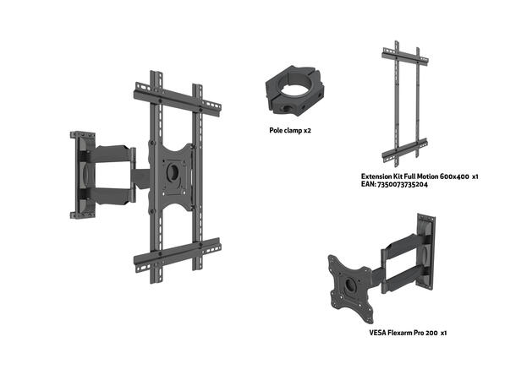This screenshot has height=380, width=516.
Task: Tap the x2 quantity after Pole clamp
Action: pos(307,131)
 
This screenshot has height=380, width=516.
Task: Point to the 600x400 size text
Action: pos(453,176)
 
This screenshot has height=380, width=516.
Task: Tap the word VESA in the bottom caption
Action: pos(378,333)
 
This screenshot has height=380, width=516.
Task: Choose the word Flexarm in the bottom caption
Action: pos(403,333)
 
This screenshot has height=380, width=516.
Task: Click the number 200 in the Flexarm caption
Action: pos(432,333)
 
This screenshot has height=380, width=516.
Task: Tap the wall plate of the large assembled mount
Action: pos(82,173)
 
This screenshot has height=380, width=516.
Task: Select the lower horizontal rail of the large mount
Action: pos(178,252)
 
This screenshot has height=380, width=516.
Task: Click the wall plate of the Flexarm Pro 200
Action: pos(425,249)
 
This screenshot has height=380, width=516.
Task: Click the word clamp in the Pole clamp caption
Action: pos(293,131)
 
